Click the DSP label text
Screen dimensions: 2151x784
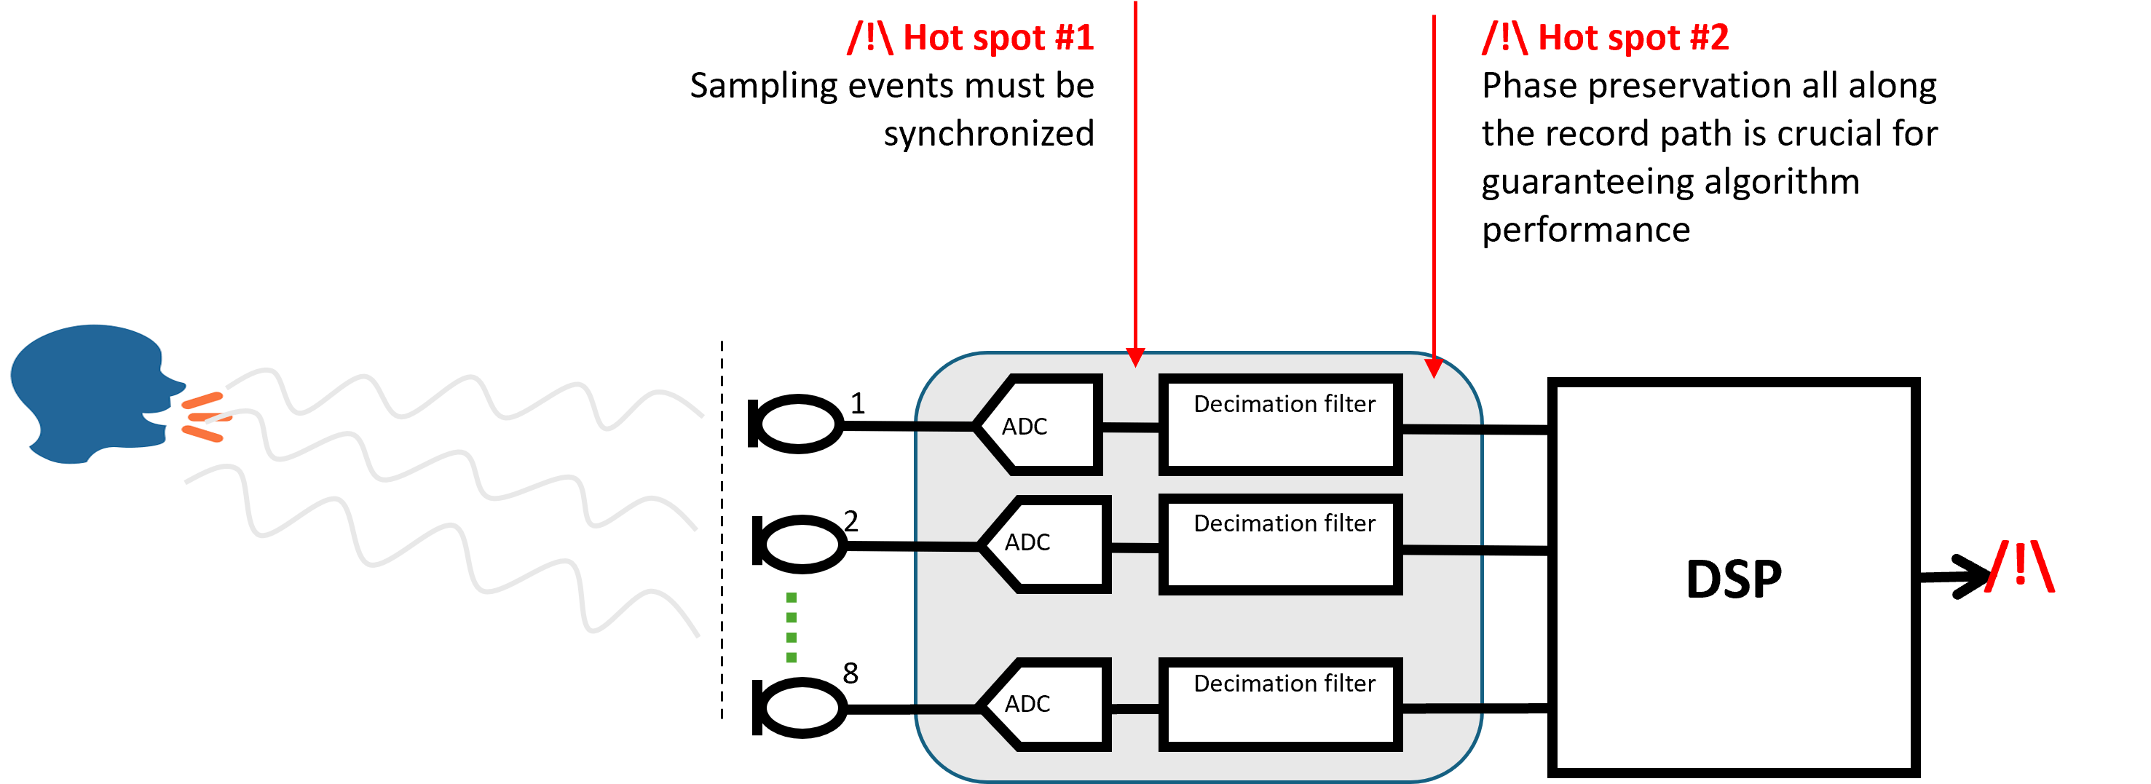1734,579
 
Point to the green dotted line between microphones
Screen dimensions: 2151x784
792,628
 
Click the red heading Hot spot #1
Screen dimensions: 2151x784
971,38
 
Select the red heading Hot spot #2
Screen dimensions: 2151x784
1605,38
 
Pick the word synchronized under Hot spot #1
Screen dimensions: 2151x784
989,134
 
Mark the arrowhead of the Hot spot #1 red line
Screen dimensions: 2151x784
1136,358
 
